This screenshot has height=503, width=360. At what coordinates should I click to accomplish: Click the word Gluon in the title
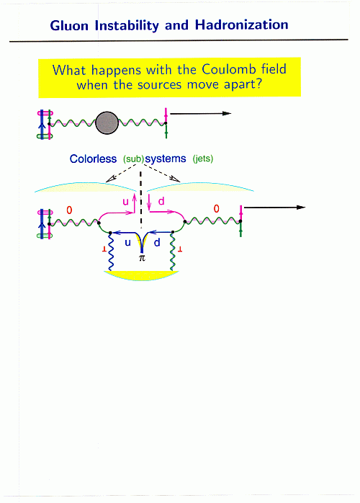(69, 26)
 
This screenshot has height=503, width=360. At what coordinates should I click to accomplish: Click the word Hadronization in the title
(242, 25)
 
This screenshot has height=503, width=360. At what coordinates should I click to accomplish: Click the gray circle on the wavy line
(107, 123)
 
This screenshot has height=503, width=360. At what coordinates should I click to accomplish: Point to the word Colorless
(94, 159)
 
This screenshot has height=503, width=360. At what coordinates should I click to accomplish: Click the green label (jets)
(203, 159)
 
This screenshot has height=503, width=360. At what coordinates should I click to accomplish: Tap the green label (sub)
(134, 159)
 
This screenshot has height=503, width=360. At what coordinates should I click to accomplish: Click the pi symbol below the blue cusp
(142, 258)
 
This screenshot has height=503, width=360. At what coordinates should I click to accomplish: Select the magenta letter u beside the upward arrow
(126, 202)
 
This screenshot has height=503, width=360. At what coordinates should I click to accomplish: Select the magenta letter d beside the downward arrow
(161, 201)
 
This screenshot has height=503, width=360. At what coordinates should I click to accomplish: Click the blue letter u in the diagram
(127, 243)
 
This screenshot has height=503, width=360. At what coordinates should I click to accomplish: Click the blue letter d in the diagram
(157, 242)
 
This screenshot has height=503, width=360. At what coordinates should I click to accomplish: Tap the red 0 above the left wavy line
(69, 210)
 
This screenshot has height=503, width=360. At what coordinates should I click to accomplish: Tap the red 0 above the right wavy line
(217, 209)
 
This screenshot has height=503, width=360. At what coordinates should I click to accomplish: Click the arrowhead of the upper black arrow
(227, 113)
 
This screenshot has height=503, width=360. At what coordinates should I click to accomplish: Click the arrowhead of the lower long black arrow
(301, 208)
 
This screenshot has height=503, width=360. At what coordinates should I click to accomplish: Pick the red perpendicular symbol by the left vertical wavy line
(104, 249)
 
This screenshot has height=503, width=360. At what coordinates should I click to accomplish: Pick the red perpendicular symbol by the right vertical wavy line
(180, 249)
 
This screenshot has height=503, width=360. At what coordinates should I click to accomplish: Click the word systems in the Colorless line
(166, 159)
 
